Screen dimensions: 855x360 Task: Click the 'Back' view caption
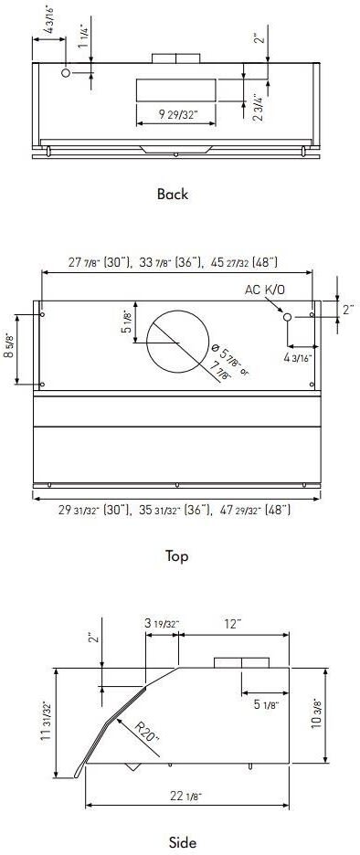(x=172, y=194)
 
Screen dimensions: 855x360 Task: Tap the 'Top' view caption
(x=177, y=555)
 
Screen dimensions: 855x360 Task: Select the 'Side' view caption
(x=183, y=842)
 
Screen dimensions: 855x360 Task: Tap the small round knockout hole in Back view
(x=67, y=72)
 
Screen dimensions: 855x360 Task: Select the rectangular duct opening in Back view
(x=176, y=90)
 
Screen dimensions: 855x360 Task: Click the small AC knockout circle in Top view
(x=287, y=316)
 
